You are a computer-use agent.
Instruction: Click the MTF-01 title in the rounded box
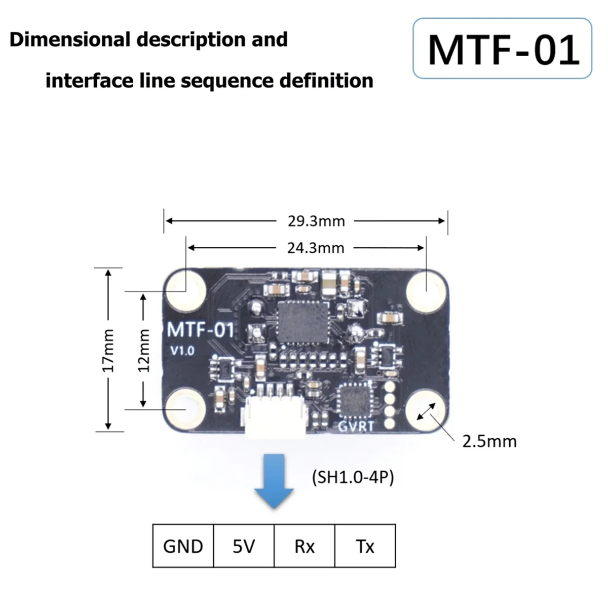point(503,49)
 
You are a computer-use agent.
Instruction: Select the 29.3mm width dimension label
point(316,221)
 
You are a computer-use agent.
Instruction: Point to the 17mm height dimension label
point(108,350)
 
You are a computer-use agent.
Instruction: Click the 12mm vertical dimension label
point(144,350)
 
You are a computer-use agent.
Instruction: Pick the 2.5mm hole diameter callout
point(489,441)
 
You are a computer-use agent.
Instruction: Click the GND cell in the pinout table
point(183,546)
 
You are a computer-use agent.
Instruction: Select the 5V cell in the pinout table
point(244,546)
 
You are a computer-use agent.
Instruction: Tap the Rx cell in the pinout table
point(305,546)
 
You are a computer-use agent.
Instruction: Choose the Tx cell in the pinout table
point(365,546)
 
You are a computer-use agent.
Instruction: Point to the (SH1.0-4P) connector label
point(353,477)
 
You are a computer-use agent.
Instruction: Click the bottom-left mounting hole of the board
point(184,408)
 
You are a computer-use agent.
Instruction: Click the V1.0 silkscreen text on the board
point(182,351)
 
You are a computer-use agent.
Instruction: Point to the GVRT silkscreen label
point(356,427)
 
